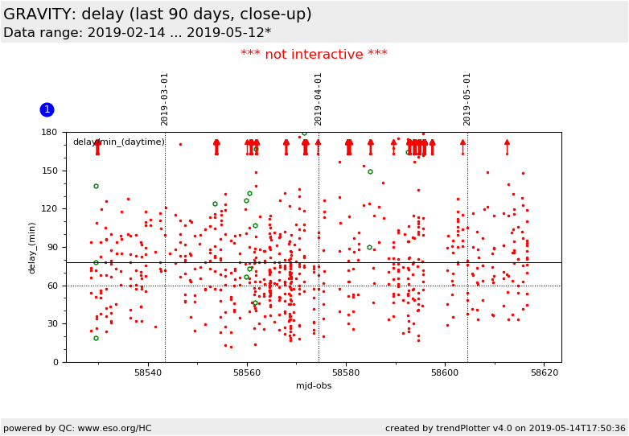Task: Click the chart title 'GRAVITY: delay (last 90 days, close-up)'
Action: click(158, 14)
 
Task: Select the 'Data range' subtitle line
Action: click(137, 33)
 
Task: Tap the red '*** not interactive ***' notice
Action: click(314, 55)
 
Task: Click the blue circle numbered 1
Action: click(47, 109)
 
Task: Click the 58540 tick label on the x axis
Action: click(148, 373)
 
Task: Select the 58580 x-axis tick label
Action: click(346, 373)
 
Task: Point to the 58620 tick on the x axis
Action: click(545, 373)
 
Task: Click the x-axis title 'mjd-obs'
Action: click(314, 385)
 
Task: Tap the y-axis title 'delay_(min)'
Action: click(33, 247)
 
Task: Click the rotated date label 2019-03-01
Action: click(165, 99)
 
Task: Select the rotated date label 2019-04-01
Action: click(319, 99)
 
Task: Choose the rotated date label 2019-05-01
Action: click(467, 99)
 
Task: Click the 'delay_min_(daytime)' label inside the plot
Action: click(119, 142)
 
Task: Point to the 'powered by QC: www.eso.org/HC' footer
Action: click(77, 428)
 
